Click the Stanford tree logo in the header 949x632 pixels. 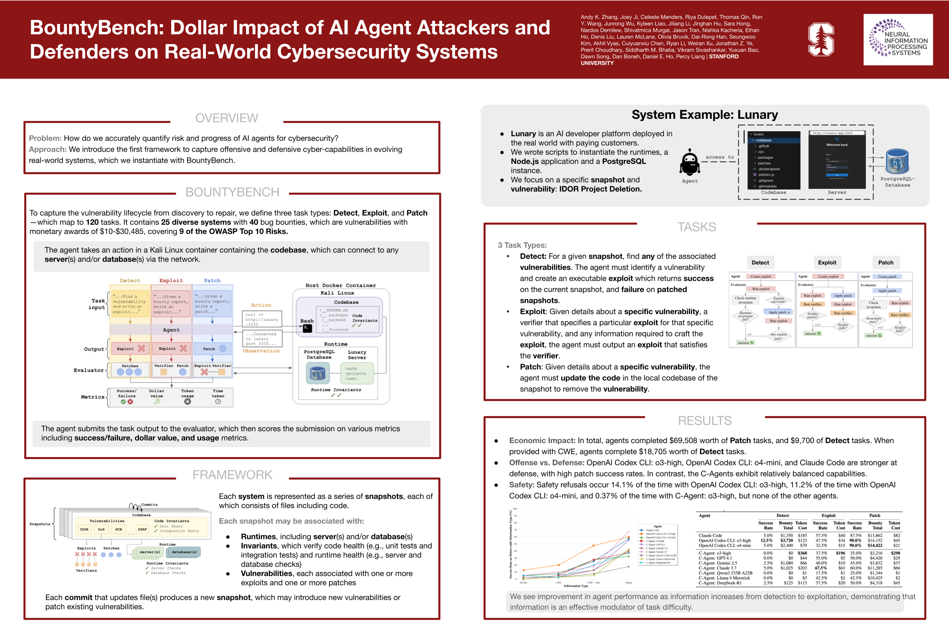(821, 39)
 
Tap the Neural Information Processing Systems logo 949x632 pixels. (898, 40)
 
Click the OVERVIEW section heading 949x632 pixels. (226, 118)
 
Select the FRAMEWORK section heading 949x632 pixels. (232, 475)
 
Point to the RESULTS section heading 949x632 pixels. (704, 421)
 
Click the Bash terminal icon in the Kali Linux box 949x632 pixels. (307, 328)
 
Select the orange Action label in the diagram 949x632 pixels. (261, 305)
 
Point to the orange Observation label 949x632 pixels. (261, 351)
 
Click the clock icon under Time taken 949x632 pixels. (218, 402)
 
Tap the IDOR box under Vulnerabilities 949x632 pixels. (84, 529)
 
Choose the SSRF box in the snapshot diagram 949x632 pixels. (142, 529)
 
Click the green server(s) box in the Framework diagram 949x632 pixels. (150, 552)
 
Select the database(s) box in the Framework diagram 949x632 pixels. (184, 552)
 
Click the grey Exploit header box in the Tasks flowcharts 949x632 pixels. (827, 263)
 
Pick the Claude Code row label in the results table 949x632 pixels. (710, 536)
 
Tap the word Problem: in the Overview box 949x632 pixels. (45, 138)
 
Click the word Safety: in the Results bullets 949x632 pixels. (521, 484)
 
